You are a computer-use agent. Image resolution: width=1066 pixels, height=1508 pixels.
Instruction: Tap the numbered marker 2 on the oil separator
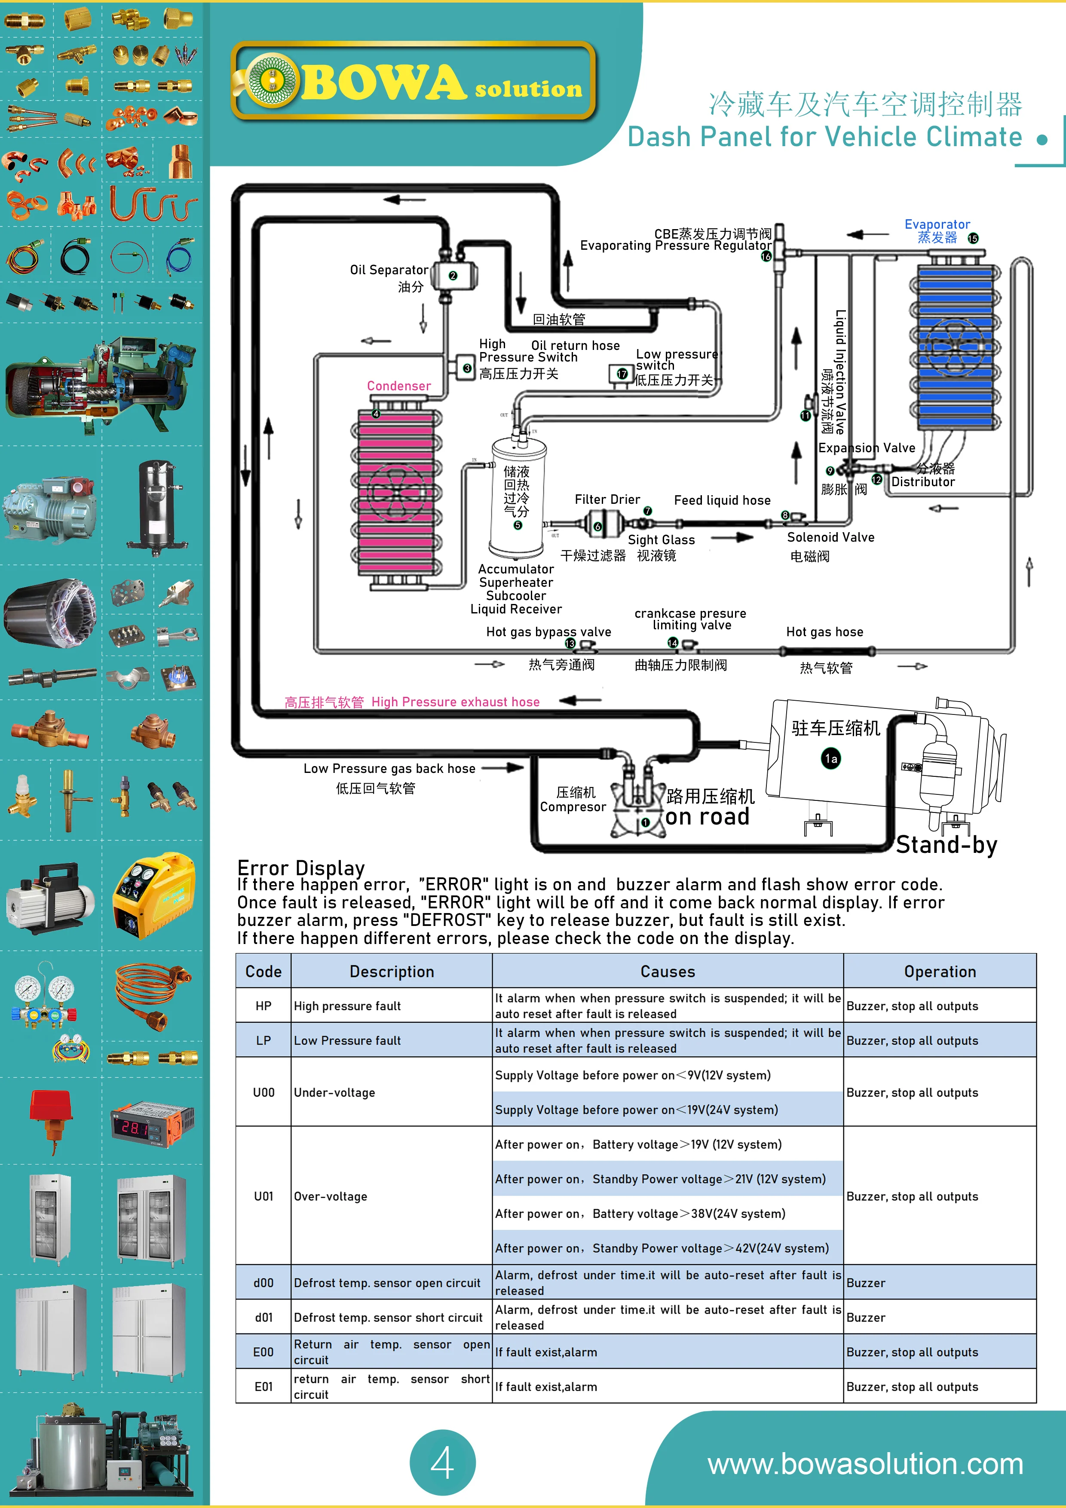click(453, 276)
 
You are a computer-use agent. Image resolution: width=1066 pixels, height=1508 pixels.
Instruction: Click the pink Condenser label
click(399, 386)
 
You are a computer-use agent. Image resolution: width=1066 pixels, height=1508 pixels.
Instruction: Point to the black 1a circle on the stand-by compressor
click(831, 759)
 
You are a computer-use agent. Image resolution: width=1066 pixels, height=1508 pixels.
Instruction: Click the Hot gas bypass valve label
click(548, 632)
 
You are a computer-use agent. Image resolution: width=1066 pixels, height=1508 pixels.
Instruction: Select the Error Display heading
click(301, 867)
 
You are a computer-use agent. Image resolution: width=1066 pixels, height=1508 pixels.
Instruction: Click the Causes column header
click(667, 972)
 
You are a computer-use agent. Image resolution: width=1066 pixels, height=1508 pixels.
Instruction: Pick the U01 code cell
click(263, 1196)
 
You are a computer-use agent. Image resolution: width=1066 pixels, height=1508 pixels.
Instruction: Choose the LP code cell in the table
click(263, 1040)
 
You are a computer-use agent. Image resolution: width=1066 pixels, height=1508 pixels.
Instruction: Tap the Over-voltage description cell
click(331, 1196)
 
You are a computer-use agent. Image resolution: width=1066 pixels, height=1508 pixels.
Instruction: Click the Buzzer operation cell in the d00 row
click(866, 1283)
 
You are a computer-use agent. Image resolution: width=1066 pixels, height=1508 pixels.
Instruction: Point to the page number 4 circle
click(442, 1463)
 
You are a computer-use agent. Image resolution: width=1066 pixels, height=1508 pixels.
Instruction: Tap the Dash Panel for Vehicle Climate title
click(824, 137)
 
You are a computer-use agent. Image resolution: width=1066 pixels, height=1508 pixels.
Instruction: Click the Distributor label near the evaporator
click(923, 482)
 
